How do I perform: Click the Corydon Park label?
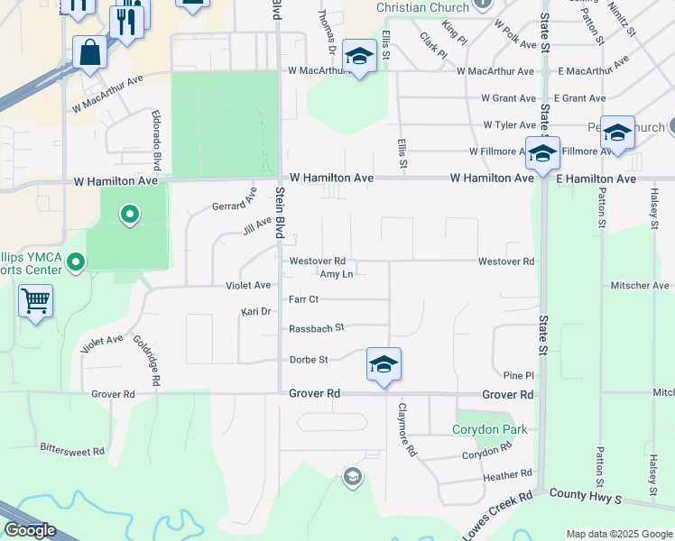[490, 430]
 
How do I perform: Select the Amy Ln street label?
[336, 273]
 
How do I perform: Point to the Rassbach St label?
[316, 328]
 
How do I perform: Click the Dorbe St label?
[308, 360]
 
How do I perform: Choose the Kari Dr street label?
[256, 311]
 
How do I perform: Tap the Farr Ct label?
[304, 298]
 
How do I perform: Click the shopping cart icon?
[35, 300]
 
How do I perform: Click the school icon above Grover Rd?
[384, 364]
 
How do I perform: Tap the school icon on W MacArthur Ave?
[359, 58]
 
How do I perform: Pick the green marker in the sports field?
[130, 215]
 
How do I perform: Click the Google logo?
[30, 530]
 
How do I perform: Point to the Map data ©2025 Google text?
[618, 534]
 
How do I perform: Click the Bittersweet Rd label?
[73, 449]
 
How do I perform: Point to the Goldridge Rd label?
[146, 362]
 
